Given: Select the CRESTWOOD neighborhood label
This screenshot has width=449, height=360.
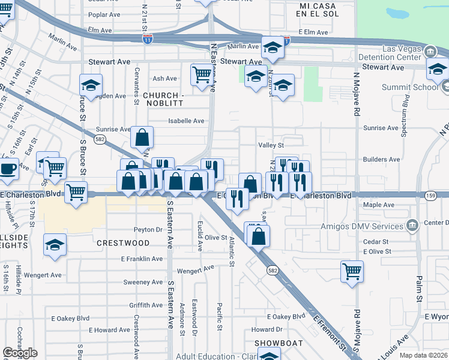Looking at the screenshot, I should (123, 243).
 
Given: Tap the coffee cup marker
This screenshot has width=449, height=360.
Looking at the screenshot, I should (8, 168).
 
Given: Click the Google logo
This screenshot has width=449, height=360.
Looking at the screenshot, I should (20, 353).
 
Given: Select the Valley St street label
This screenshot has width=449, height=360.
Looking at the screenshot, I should (271, 145).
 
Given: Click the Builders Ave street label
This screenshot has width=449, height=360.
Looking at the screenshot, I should (381, 159).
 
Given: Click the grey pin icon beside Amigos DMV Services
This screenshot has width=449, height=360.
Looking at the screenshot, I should (412, 226).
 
